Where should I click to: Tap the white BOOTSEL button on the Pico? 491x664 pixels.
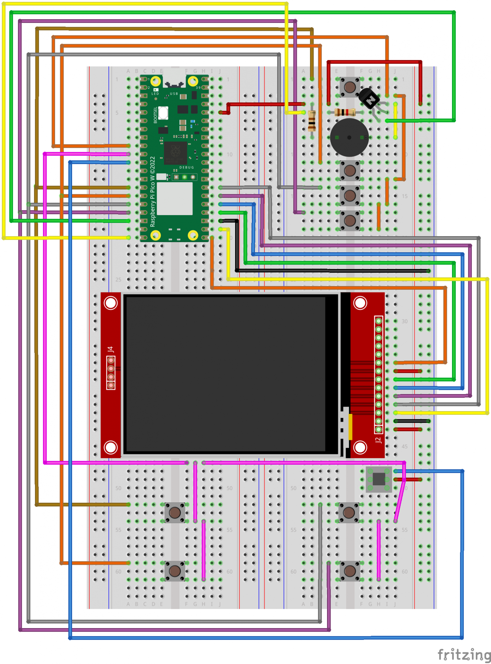coord(163,113)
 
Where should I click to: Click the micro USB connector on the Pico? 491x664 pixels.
coord(174,83)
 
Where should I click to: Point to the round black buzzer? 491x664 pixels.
coord(349,138)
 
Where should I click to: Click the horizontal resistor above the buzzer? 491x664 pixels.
coord(345,112)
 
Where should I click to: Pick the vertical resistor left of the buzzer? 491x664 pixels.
coord(312,121)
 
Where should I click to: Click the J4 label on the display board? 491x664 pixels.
coord(110,349)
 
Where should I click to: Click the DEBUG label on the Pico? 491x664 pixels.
coord(186,168)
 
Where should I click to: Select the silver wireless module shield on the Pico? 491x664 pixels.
coord(174,199)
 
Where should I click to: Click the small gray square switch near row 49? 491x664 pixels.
coord(379,479)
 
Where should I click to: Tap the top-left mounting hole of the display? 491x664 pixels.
coord(111,303)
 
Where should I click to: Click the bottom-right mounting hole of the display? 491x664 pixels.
coord(360,447)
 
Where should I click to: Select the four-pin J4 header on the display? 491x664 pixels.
coord(111,373)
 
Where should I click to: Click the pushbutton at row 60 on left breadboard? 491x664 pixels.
coord(175,571)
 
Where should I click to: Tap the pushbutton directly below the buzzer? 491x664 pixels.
coord(350,171)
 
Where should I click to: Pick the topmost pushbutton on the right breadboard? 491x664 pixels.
coord(350,87)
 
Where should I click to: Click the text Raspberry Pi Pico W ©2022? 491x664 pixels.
coord(153,192)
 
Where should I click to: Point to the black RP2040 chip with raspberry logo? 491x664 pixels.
coord(175,153)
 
